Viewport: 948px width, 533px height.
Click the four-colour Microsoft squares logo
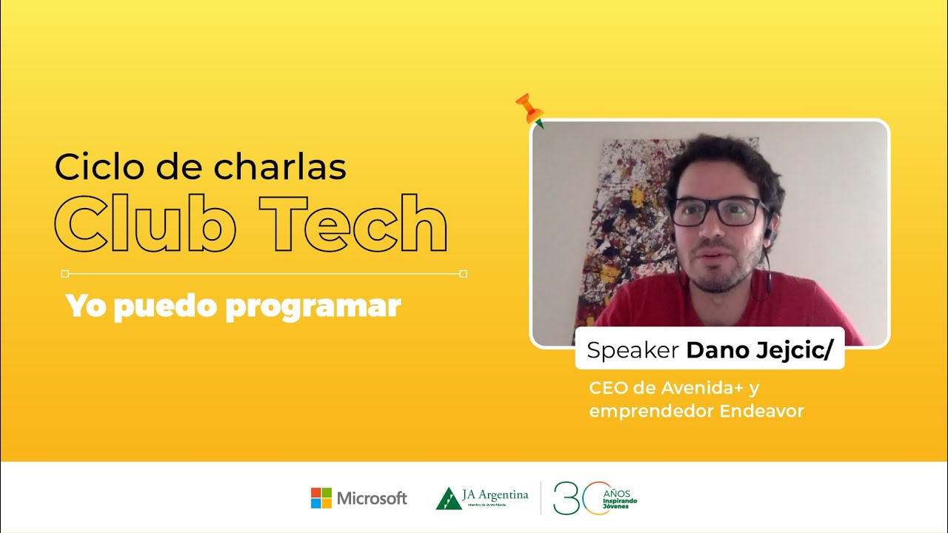(x=321, y=497)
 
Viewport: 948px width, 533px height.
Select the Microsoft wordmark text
(x=372, y=498)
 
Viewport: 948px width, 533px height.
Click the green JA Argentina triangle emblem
(x=447, y=498)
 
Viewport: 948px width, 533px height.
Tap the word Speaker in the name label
(x=633, y=350)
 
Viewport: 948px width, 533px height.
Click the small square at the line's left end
(x=65, y=274)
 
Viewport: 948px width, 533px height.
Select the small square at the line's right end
(x=464, y=274)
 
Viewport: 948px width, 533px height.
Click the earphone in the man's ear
(x=768, y=233)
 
